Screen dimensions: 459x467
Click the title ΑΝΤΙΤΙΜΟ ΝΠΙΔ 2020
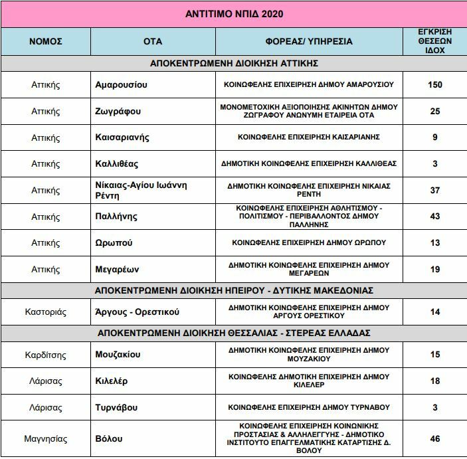tap(233, 13)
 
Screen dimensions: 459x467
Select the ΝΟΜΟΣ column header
tap(46, 41)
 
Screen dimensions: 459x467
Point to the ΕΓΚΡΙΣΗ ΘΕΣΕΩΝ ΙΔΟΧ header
tap(435, 41)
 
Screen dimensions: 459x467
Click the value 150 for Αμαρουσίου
tap(435, 85)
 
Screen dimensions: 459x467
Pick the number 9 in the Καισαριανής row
tap(435, 138)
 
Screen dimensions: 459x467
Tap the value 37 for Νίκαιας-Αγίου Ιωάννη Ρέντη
tap(435, 190)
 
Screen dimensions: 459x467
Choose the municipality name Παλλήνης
tap(116, 216)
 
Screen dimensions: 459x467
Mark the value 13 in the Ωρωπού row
tap(435, 242)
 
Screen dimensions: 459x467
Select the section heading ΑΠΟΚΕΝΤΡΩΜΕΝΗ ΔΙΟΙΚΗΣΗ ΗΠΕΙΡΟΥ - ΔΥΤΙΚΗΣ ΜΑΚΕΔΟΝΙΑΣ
tap(233, 290)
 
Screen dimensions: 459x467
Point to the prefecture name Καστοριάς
tap(46, 312)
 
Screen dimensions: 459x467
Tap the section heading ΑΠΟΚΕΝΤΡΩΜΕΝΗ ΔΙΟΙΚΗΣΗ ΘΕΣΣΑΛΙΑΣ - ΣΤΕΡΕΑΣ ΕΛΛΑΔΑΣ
tap(233, 333)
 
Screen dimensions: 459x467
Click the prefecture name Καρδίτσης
tap(46, 355)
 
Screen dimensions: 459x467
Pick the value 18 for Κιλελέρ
tap(435, 381)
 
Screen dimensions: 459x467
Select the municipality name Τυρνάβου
tap(118, 407)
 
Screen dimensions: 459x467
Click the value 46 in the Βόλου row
tap(435, 438)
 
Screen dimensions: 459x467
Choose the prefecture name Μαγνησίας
tap(46, 438)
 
